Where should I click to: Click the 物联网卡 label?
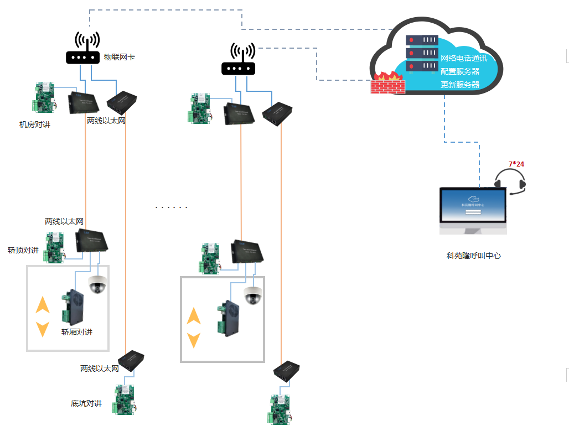coord(120,57)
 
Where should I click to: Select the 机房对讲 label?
coord(35,125)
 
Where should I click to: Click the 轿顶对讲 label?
coord(23,250)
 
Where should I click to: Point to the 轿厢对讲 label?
coord(77,332)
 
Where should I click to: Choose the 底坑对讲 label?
coord(86,403)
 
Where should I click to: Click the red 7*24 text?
coord(516,164)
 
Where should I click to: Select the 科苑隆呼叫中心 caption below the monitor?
coord(474,256)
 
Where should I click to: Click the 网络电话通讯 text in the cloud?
coord(464,58)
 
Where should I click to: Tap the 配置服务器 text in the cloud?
coord(460,71)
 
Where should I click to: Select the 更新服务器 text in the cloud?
coord(460,85)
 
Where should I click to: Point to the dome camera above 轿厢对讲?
coord(97,284)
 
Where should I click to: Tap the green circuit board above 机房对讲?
coord(44,97)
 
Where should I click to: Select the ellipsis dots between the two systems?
coord(172,207)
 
